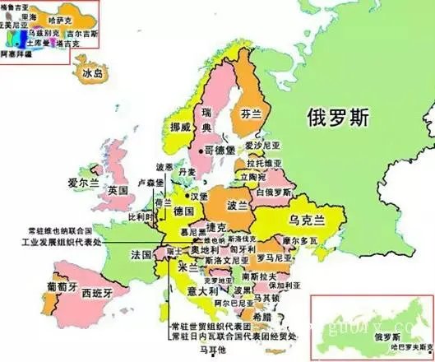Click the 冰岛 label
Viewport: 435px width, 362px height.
[93, 74]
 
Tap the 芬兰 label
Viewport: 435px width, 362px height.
[251, 115]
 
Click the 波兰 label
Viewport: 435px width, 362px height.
[238, 205]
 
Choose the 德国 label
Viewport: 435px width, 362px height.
[183, 212]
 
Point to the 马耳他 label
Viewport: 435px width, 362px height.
[215, 350]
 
